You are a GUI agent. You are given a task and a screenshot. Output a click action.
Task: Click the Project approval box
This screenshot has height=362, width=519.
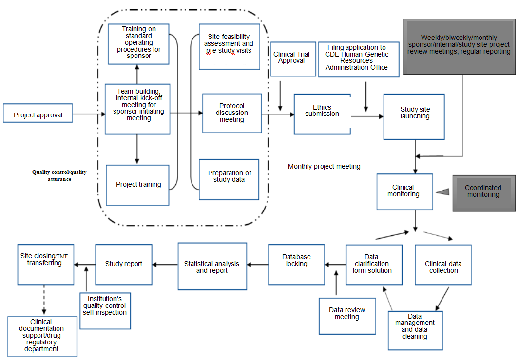38,115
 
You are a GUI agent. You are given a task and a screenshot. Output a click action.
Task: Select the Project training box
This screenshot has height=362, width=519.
138,185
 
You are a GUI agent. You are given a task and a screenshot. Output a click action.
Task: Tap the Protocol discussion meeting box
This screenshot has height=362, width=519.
232,113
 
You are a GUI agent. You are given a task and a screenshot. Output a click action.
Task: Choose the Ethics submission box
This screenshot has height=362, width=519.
322,114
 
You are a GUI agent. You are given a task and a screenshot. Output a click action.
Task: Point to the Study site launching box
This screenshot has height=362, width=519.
415,113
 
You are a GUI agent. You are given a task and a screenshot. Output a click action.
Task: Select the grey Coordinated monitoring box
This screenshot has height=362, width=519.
483,191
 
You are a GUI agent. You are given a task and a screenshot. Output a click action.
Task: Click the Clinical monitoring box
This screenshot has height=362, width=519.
404,191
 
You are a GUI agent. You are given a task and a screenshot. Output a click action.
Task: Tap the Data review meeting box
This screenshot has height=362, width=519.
347,314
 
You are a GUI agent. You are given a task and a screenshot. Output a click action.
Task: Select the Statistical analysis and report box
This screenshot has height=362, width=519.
211,267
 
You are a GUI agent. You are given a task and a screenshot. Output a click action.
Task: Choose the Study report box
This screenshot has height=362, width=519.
124,264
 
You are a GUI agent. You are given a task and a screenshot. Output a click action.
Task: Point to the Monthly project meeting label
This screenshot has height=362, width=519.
324,167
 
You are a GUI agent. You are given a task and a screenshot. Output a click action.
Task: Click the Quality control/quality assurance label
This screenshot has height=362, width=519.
59,175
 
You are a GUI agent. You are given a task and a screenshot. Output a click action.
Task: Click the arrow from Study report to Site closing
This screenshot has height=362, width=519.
84,265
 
